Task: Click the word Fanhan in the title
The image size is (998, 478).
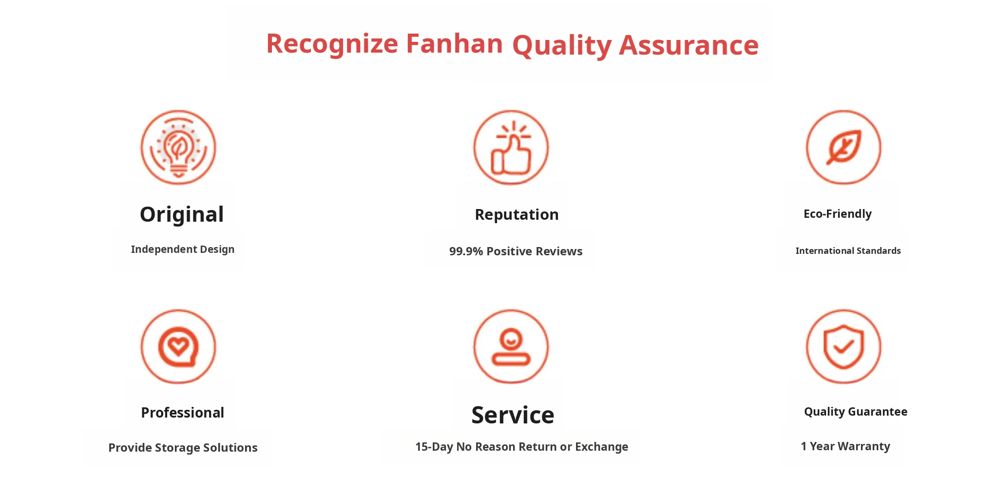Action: pos(454,43)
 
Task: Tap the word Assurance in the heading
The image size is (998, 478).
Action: pos(689,45)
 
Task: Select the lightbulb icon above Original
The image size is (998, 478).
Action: pos(178,147)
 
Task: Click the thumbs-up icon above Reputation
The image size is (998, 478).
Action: pos(511,147)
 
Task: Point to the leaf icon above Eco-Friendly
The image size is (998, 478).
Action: pos(844,147)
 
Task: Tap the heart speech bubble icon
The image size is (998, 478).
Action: pos(178,346)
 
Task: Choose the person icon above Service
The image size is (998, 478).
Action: pos(511,346)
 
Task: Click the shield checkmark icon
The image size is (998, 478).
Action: pos(844,346)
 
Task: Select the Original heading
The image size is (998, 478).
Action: pos(182,215)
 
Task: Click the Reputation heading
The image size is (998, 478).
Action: pos(517,215)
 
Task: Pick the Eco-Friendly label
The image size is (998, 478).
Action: pos(838,214)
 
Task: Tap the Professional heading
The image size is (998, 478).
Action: pos(182,413)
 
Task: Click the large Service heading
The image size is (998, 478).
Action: pos(513,415)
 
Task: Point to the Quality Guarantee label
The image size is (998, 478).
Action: pos(856,412)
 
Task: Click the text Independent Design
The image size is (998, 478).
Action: pos(183,249)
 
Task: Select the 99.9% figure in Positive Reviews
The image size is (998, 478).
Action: pos(466,251)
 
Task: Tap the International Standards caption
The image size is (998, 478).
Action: pos(848,251)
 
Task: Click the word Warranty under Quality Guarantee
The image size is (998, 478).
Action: pos(864,446)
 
